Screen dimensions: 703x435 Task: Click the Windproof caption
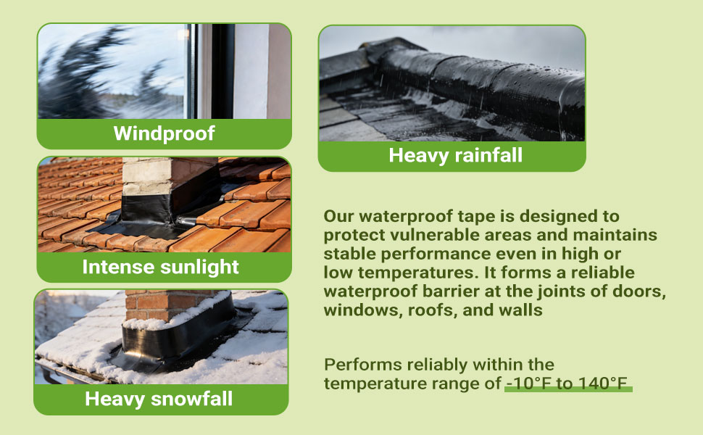[164, 133]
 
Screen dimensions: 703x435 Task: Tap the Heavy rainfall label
[456, 155]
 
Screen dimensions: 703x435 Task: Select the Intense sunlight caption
[160, 267]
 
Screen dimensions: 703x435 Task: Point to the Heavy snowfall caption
[159, 399]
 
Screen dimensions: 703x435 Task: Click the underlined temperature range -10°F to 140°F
[567, 384]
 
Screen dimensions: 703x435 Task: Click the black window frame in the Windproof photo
[211, 71]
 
